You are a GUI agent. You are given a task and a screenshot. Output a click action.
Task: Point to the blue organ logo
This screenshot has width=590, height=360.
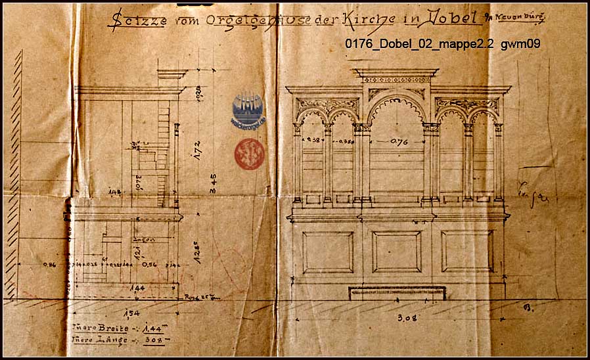(x=247, y=110)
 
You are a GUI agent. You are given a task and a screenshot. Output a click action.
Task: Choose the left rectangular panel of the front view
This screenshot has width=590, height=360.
(x=327, y=252)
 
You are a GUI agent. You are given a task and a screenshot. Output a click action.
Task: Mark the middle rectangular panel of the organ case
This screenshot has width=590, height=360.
(x=396, y=252)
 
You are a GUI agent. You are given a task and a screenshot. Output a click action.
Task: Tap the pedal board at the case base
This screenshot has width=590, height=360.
(x=397, y=294)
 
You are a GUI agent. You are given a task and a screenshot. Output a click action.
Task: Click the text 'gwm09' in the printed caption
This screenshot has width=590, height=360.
(x=520, y=44)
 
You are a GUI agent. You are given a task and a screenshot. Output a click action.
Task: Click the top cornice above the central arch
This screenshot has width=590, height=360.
(x=396, y=72)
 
